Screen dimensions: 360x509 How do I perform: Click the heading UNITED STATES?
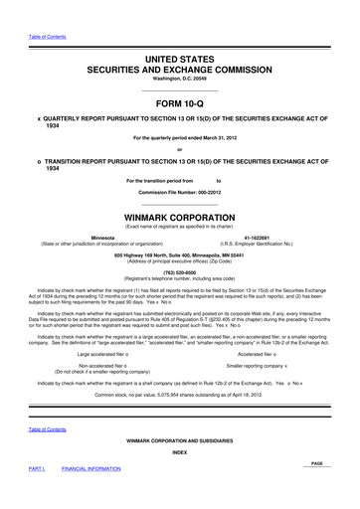point(180,61)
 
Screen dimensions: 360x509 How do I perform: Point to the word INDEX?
point(180,478)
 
